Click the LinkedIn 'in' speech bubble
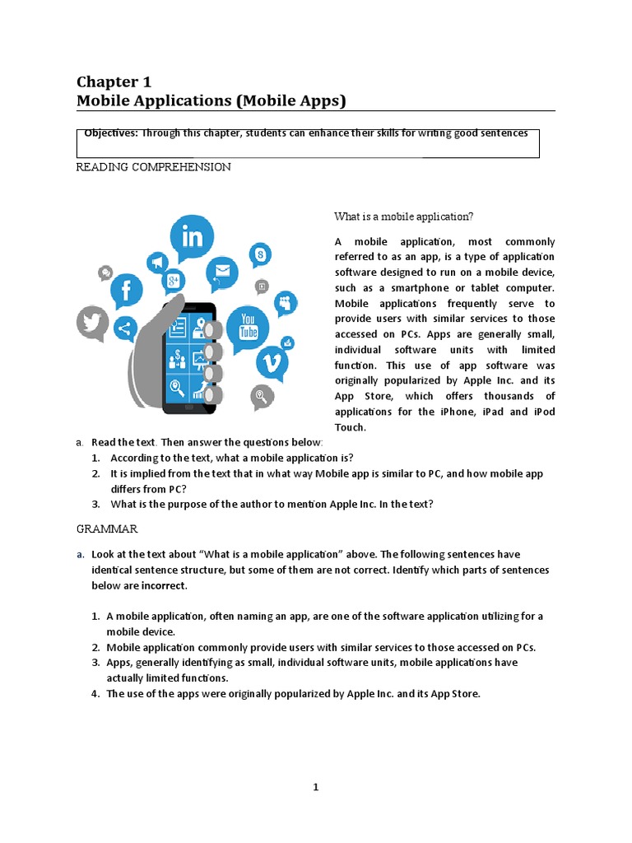coord(192,238)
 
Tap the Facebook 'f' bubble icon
coord(127,290)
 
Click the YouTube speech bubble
coord(247,325)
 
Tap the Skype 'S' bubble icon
coord(261,255)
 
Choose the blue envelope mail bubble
coord(221,270)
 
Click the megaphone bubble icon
coord(156,263)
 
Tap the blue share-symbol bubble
coord(125,329)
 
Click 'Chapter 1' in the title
coord(114,82)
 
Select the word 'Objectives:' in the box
coord(111,133)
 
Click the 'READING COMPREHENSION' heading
coord(153,167)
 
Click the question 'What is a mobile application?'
coord(403,217)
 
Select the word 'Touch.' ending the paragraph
coord(350,427)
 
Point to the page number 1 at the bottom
coord(315,787)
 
